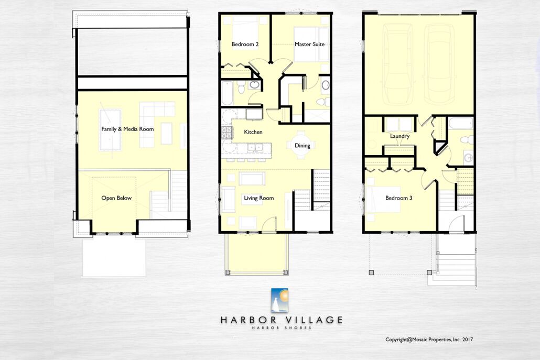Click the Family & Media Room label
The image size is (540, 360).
tap(127, 129)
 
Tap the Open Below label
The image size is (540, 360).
tap(116, 198)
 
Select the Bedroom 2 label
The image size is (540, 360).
tap(245, 44)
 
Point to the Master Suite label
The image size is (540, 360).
tap(309, 44)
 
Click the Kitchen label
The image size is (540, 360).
tap(253, 132)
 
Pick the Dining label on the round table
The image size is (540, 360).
tap(302, 146)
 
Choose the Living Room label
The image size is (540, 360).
tap(258, 198)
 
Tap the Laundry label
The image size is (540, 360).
tap(399, 136)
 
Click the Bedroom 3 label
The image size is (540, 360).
tap(398, 198)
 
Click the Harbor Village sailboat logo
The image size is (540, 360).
tap(279, 300)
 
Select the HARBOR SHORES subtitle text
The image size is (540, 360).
tap(282, 328)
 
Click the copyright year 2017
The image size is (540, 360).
tap(468, 340)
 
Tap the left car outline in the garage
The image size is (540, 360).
tap(397, 64)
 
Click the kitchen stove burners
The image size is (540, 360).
tap(227, 133)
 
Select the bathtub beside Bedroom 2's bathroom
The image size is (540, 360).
tap(227, 93)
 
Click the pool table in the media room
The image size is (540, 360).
tap(110, 130)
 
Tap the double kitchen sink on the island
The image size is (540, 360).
tap(255, 148)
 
